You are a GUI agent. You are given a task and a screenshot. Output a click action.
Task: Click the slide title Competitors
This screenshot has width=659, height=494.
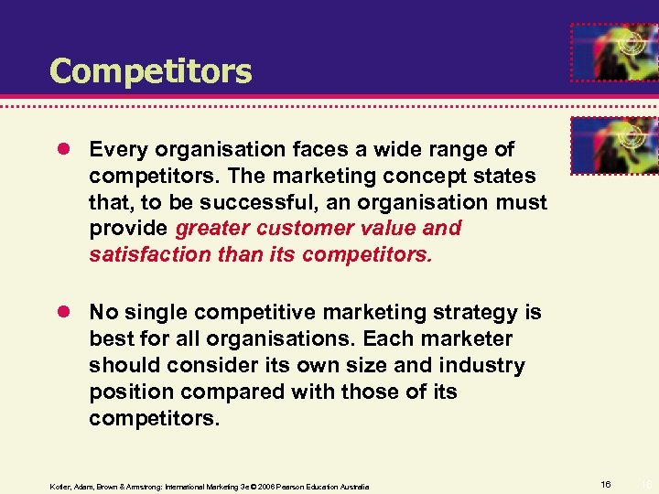(150, 70)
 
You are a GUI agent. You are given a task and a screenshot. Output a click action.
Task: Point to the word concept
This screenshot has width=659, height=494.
(430, 175)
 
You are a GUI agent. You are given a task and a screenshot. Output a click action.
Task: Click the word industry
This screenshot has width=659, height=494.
(475, 366)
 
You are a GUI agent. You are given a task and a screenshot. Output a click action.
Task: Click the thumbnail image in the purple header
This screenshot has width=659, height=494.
(613, 51)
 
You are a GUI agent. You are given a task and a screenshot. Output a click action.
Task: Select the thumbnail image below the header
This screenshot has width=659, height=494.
(613, 145)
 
